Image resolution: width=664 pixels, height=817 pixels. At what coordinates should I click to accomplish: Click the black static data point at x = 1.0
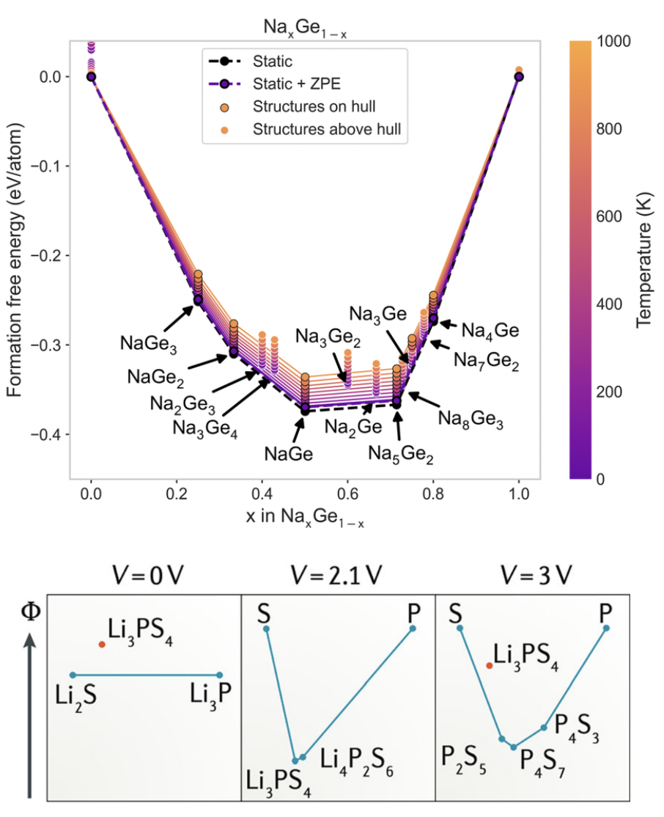tap(519, 76)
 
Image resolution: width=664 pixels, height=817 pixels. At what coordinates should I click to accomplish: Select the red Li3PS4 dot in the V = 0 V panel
tap(102, 644)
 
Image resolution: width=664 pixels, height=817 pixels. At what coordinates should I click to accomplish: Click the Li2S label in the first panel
tap(73, 693)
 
